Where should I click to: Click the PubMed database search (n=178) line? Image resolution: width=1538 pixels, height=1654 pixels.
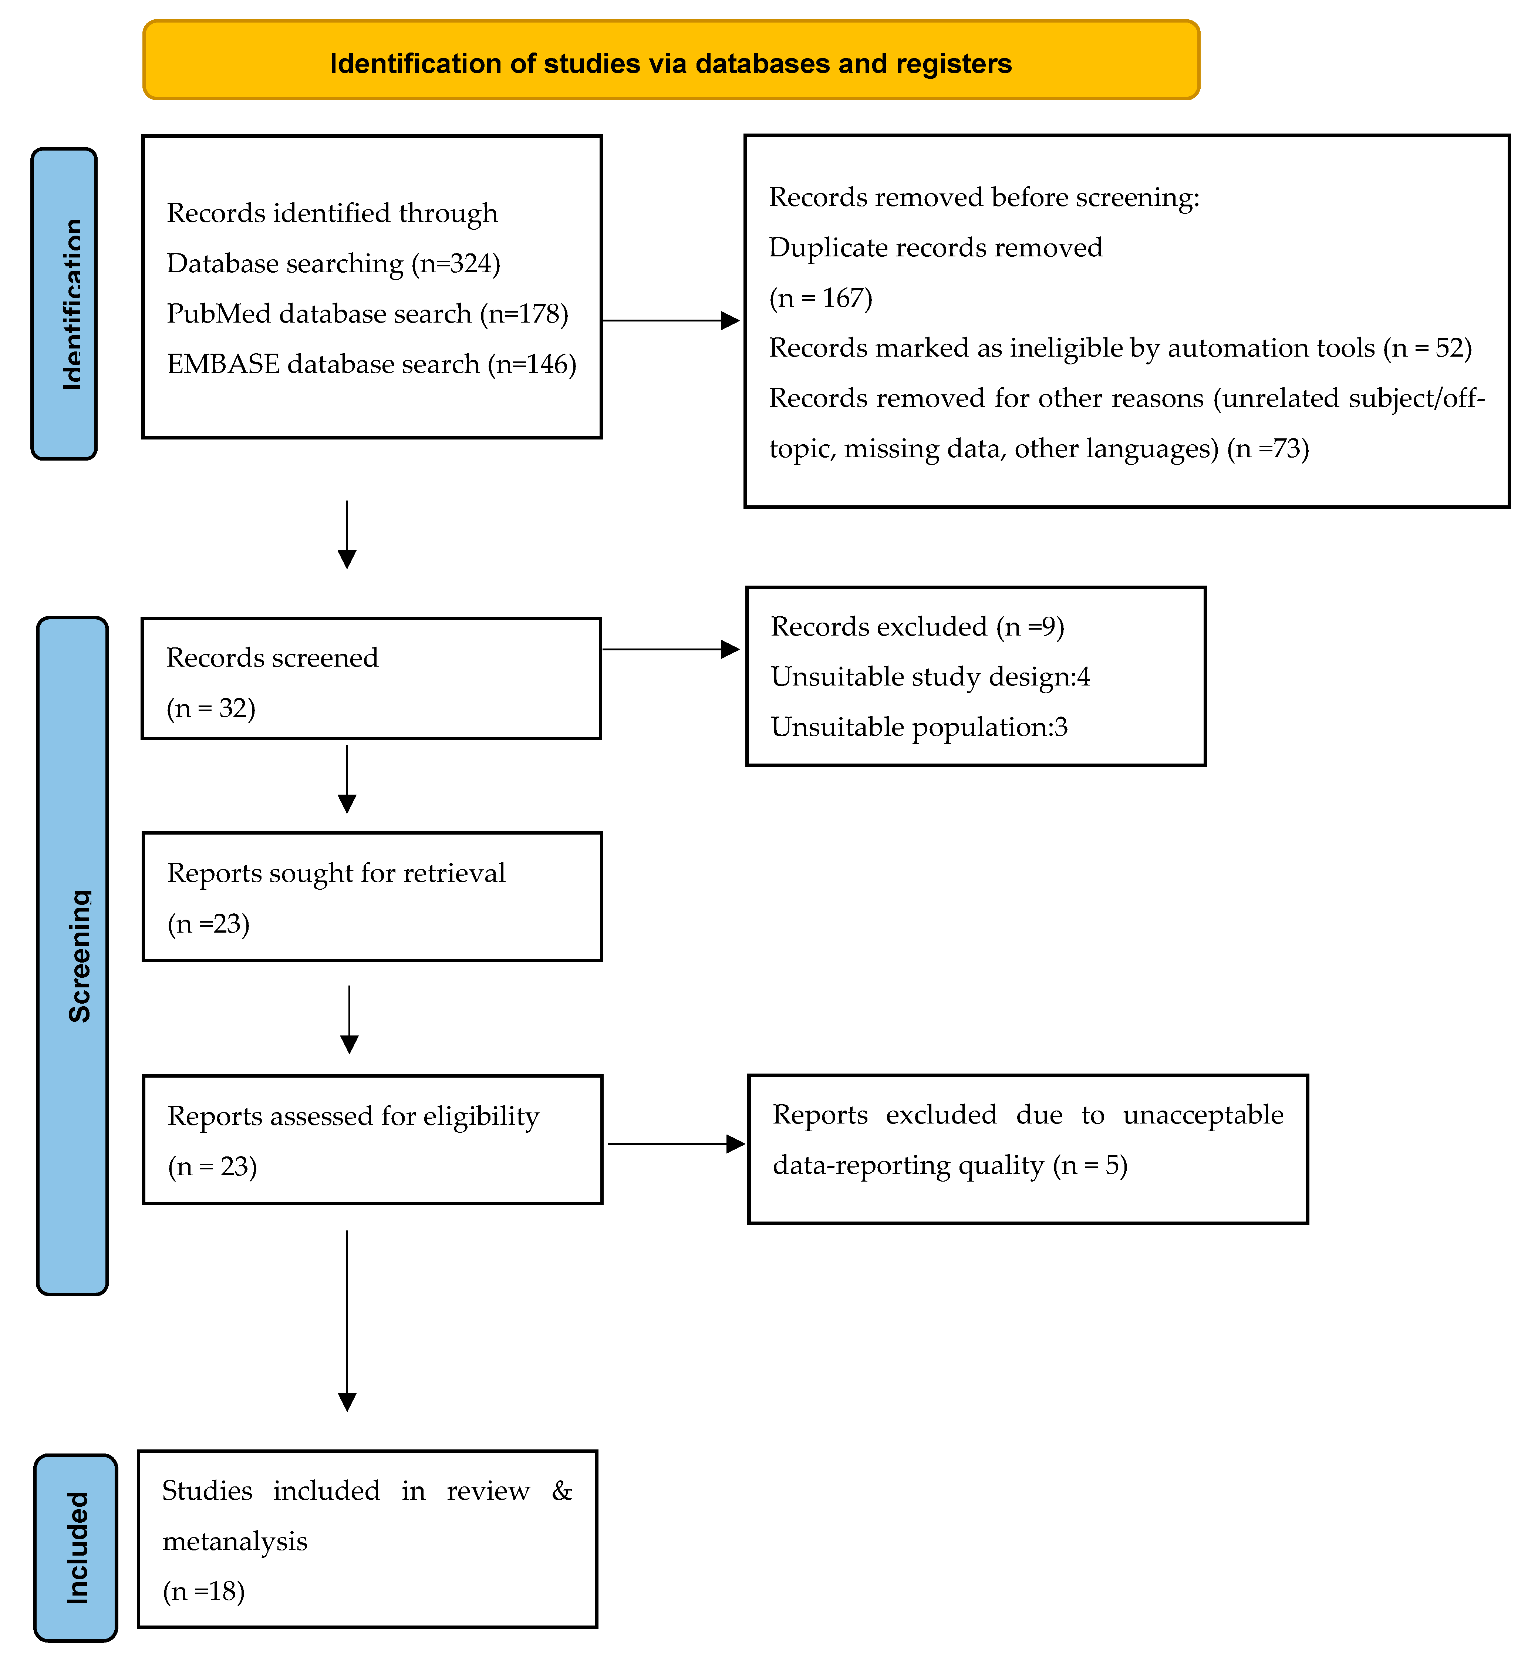click(367, 314)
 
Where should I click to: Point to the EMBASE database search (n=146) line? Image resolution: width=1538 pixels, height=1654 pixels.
click(371, 364)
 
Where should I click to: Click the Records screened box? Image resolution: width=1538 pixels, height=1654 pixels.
click(371, 678)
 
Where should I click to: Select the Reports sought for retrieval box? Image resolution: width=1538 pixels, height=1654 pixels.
click(372, 897)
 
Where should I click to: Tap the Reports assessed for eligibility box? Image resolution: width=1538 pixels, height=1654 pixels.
click(372, 1140)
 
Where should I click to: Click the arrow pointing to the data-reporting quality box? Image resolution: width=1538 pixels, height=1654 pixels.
click(675, 1144)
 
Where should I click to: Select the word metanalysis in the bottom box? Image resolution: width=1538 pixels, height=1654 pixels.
click(235, 1541)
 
